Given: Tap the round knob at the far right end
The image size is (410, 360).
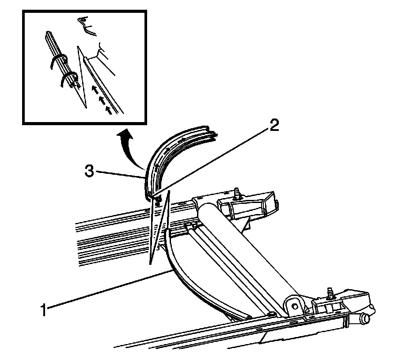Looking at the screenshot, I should (x=366, y=318).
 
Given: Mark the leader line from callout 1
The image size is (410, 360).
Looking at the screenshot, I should (x=106, y=291).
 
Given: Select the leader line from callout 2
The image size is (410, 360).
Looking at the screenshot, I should (x=212, y=160).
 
